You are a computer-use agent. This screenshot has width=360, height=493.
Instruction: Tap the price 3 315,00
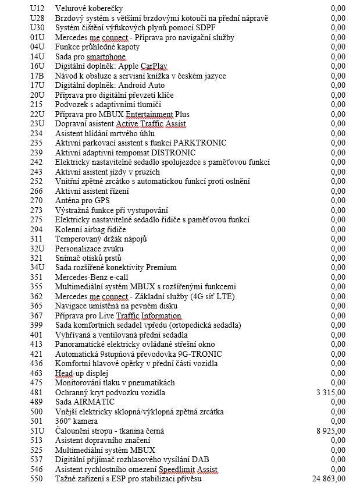331,392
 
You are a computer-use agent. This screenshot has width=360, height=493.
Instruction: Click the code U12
37,9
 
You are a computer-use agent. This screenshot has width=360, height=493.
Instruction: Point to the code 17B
37,76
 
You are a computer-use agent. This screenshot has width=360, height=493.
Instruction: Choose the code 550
37,479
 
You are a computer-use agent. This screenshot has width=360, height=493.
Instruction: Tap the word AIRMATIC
94,402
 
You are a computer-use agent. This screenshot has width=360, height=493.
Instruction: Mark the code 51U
37,431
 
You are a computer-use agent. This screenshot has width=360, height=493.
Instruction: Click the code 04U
37,47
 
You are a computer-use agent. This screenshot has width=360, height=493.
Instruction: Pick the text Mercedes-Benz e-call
92,277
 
